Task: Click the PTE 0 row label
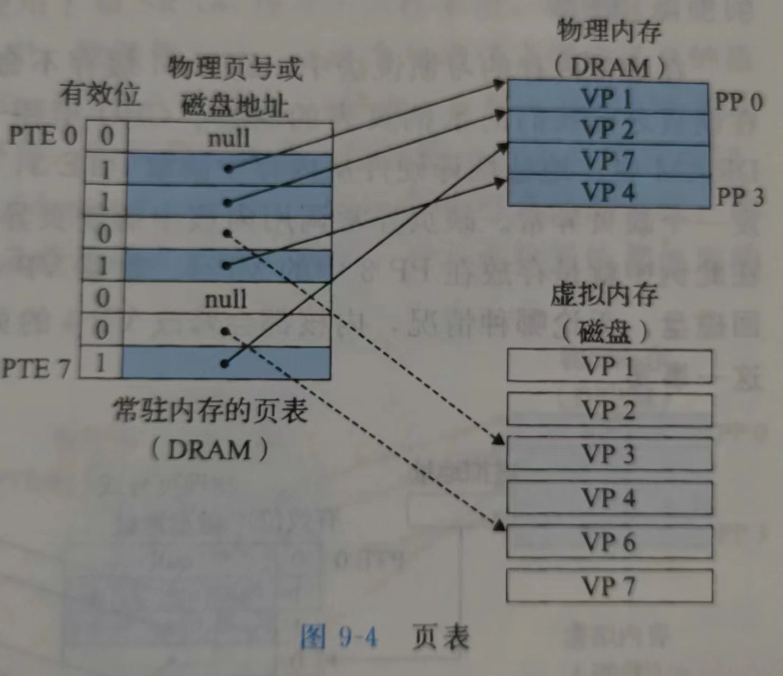coord(42,136)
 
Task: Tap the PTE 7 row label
coord(36,368)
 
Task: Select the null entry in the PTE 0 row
coord(229,138)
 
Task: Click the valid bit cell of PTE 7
coord(100,362)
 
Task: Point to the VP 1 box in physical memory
coord(607,98)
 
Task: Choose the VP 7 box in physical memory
coord(607,160)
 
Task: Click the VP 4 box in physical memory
coord(607,192)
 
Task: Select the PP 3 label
coord(740,197)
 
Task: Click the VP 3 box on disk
coord(608,453)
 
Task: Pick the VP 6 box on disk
coord(608,541)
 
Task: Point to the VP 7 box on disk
coord(608,586)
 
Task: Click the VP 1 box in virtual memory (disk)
coord(608,366)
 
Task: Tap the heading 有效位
coord(100,94)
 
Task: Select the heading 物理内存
coord(609,31)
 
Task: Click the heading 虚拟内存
coord(604,295)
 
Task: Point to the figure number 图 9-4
coord(339,636)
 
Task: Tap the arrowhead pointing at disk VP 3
coord(499,440)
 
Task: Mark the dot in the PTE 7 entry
coord(225,364)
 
